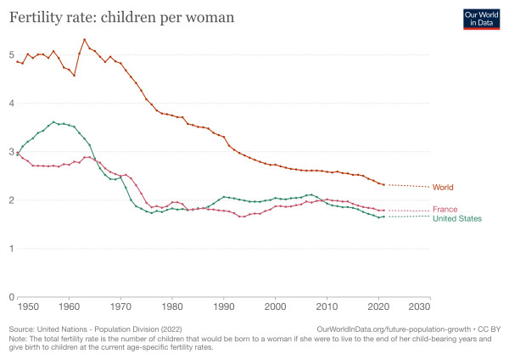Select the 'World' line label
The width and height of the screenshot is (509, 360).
pyautogui.click(x=443, y=187)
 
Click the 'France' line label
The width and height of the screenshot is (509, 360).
pyautogui.click(x=445, y=210)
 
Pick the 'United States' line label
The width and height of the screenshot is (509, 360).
pyautogui.click(x=457, y=219)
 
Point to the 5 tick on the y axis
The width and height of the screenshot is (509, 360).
pyautogui.click(x=10, y=55)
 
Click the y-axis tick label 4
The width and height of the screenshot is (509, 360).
pyautogui.click(x=10, y=104)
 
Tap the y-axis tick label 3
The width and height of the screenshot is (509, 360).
pyautogui.click(x=10, y=152)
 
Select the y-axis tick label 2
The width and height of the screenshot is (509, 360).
pyautogui.click(x=10, y=200)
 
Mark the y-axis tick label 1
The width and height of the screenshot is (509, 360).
pyautogui.click(x=10, y=249)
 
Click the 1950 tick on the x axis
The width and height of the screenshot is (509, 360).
pyautogui.click(x=27, y=305)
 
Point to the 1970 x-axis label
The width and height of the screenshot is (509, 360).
pyautogui.click(x=121, y=305)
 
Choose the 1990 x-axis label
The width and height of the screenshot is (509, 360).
pyautogui.click(x=224, y=305)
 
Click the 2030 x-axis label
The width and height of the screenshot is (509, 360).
pyautogui.click(x=419, y=305)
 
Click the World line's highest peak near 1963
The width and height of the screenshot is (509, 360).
pyautogui.click(x=84, y=39)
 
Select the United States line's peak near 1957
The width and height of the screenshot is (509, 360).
pyautogui.click(x=53, y=121)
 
